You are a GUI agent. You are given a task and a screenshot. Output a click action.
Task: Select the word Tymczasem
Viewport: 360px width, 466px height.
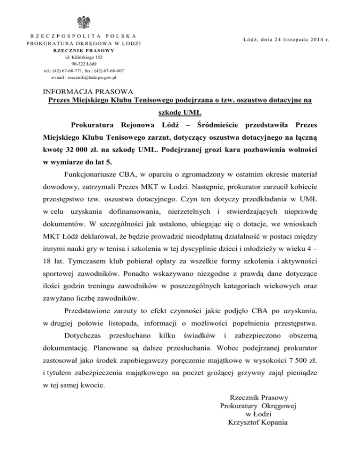tap(80, 272)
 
